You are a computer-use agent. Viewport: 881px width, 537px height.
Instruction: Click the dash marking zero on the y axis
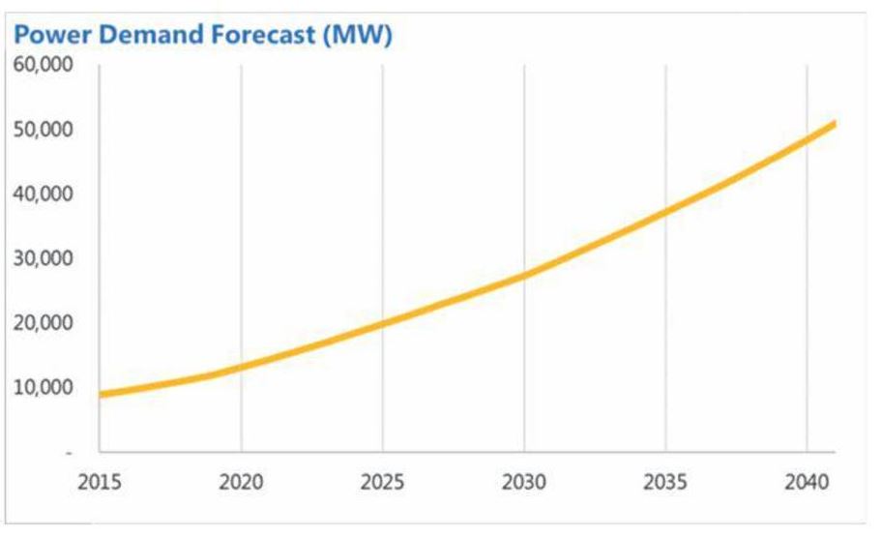click(x=69, y=452)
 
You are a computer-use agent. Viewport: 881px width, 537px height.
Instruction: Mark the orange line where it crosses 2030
click(x=524, y=275)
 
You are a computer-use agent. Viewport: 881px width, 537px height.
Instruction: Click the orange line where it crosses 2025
click(x=382, y=323)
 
